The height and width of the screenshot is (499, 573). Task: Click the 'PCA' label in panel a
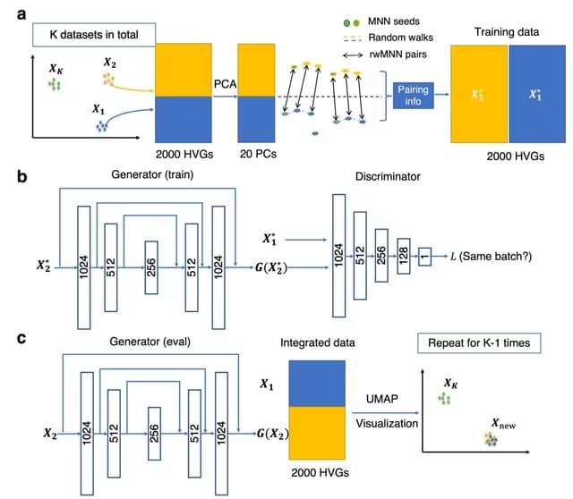224,82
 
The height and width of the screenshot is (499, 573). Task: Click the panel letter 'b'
21,175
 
